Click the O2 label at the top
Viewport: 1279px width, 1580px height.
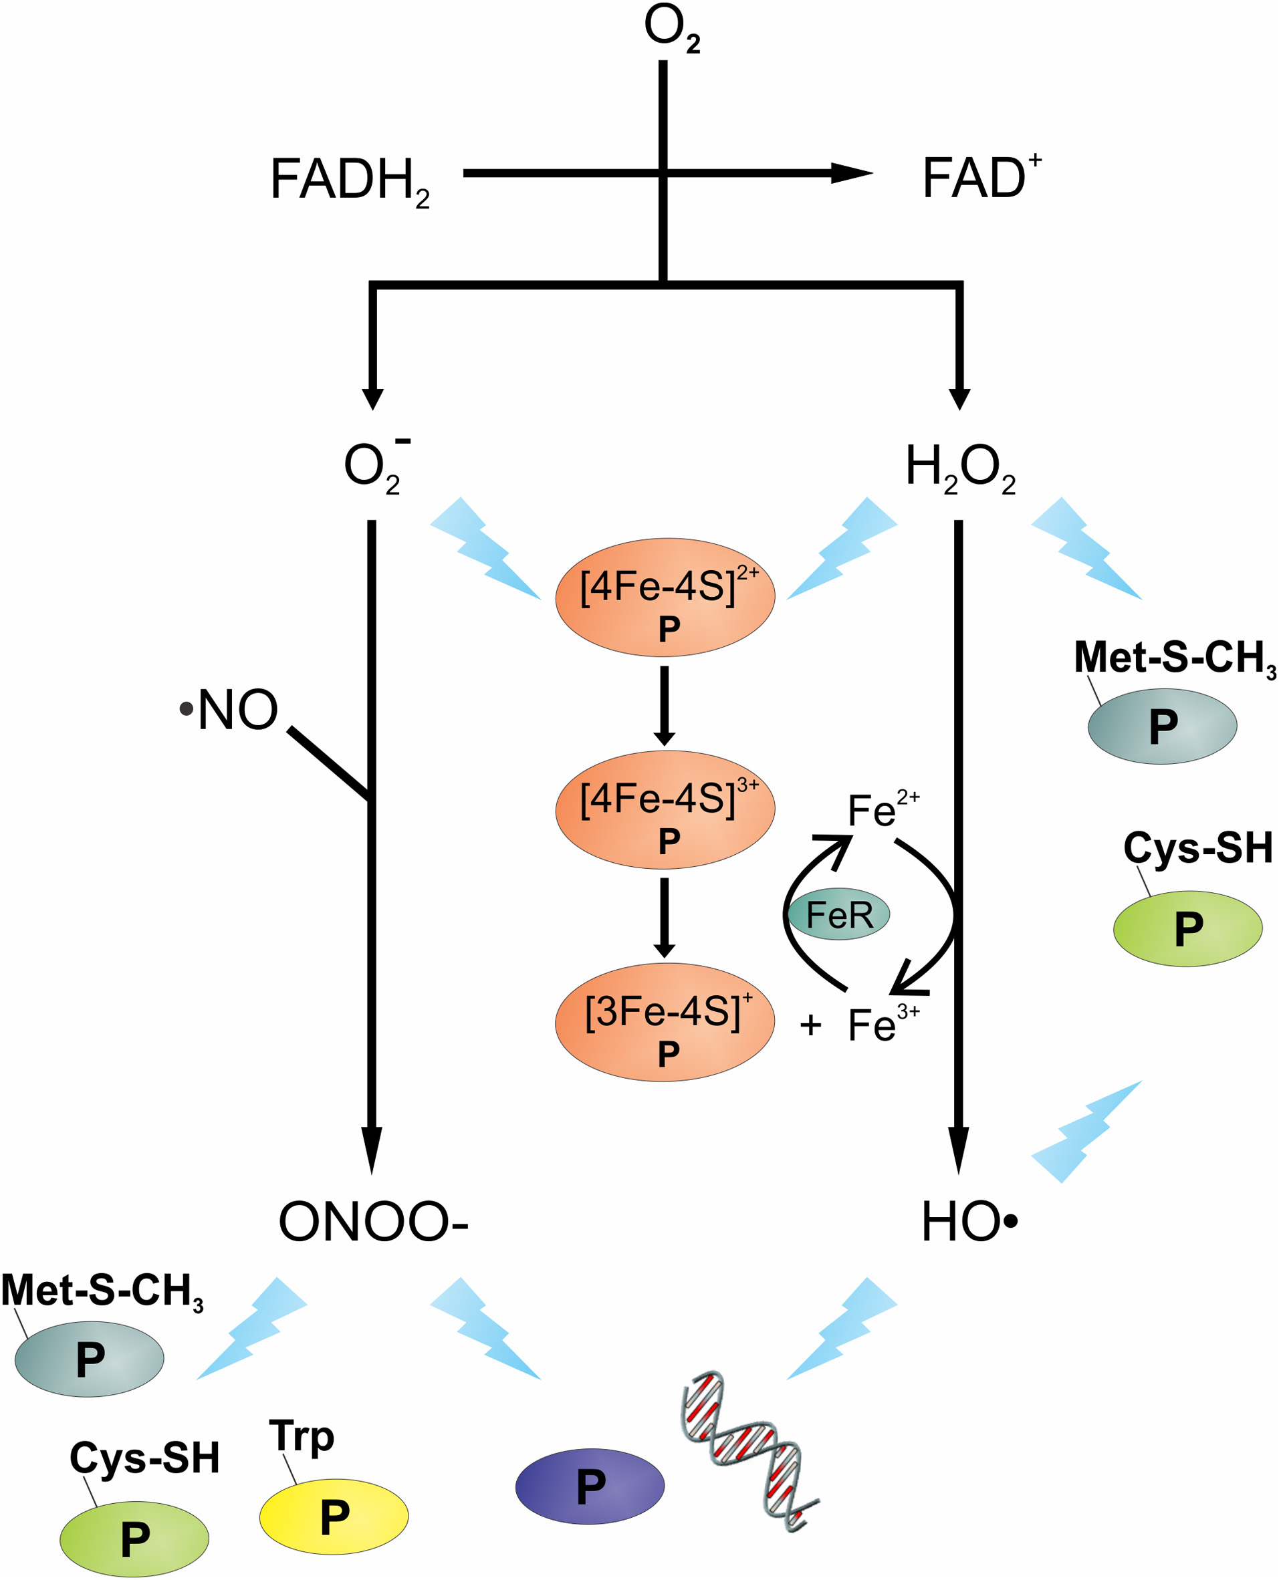pyautogui.click(x=671, y=29)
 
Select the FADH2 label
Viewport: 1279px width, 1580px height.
pyautogui.click(x=349, y=181)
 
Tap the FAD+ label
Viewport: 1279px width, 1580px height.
pyautogui.click(x=980, y=178)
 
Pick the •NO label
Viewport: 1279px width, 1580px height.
pyautogui.click(x=230, y=710)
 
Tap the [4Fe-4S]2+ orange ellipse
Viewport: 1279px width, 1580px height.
pyautogui.click(x=665, y=598)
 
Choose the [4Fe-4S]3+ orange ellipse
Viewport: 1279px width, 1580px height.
pyautogui.click(x=665, y=809)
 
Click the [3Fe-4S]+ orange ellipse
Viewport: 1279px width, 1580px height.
pyautogui.click(x=665, y=1023)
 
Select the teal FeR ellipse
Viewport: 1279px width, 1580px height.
pyautogui.click(x=838, y=914)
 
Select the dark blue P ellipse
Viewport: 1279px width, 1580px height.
pyautogui.click(x=590, y=1486)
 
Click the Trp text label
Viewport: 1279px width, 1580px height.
pyautogui.click(x=302, y=1436)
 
